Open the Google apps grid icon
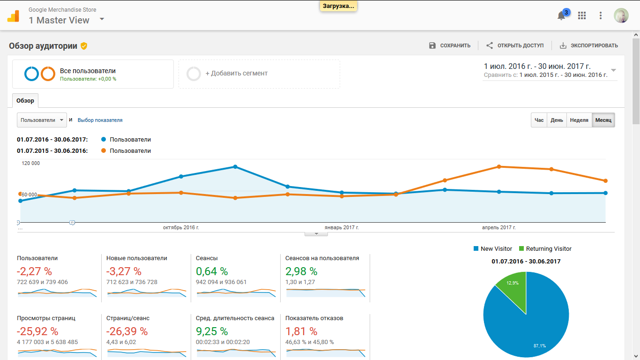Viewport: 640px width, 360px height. pos(582,15)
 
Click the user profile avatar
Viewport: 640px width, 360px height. pos(621,15)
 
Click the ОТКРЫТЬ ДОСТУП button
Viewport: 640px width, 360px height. pos(515,45)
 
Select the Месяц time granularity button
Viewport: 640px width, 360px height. pos(603,120)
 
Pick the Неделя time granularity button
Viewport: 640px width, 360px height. pos(579,120)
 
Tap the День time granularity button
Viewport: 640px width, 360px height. pos(557,120)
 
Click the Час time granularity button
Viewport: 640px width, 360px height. pos(539,120)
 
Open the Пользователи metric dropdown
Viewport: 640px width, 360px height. pos(42,120)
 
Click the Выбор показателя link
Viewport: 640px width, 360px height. pos(100,120)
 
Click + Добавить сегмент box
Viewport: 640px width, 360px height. pos(259,74)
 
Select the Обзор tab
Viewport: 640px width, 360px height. pos(25,101)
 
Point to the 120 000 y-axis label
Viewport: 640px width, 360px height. pos(30,163)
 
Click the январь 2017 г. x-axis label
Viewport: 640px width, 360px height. pos(342,227)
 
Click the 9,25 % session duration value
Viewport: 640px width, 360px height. pos(212,331)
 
